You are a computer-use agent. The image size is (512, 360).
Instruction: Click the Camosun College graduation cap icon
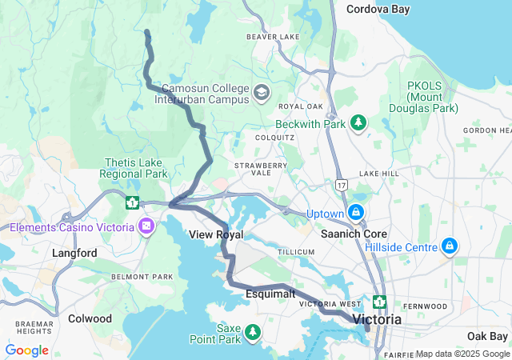[261, 93]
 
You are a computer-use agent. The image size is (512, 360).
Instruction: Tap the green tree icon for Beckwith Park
[359, 122]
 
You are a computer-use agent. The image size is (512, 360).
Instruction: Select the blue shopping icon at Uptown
[355, 213]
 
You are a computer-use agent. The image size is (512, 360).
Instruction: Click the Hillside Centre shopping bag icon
[450, 245]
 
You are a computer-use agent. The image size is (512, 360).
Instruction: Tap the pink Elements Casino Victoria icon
[146, 227]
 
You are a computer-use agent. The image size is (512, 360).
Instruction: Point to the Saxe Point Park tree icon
[253, 331]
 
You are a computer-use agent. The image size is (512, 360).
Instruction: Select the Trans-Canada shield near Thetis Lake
[131, 202]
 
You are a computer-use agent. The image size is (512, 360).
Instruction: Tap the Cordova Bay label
[378, 10]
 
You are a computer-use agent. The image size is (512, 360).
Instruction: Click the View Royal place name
[216, 234]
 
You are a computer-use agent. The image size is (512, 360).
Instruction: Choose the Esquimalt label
[270, 294]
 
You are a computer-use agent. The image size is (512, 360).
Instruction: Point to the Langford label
[74, 253]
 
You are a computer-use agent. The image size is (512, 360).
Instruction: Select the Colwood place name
[90, 318]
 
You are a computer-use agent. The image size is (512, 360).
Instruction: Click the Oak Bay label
[487, 335]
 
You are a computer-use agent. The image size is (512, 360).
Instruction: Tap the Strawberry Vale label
[260, 170]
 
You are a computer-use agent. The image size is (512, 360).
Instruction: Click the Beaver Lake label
[272, 37]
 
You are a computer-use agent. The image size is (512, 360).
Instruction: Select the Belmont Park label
[142, 277]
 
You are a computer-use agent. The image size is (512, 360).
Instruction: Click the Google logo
[26, 350]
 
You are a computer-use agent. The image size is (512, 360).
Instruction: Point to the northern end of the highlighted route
[146, 32]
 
